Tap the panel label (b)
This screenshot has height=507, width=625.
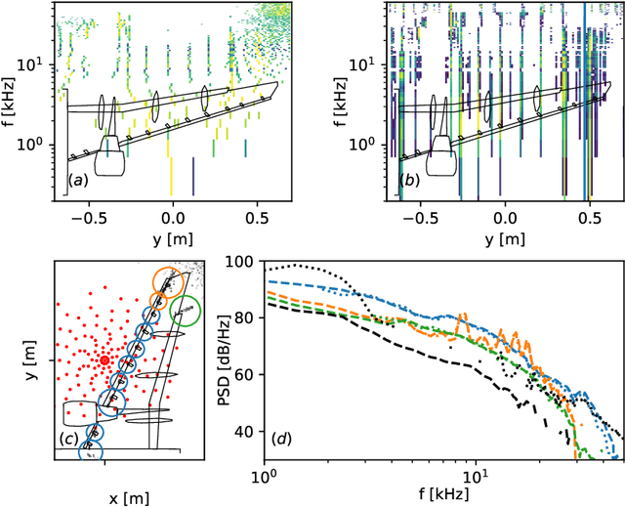(x=411, y=182)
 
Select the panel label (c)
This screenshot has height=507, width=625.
(x=69, y=438)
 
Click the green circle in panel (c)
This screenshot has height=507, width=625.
(x=185, y=311)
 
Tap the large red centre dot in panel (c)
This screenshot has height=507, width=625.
(x=104, y=359)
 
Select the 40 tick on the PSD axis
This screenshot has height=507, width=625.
(x=249, y=432)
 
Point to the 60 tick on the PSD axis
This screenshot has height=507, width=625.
(x=249, y=376)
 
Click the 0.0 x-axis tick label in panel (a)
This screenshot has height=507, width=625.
(x=173, y=215)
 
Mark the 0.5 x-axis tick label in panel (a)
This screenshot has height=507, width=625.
(x=257, y=215)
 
